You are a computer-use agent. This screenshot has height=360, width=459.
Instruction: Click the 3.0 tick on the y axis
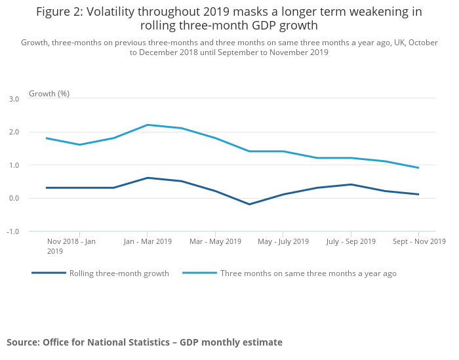click(x=14, y=98)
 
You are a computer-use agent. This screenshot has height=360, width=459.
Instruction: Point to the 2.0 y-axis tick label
click(x=14, y=132)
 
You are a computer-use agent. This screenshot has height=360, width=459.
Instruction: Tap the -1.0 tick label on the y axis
click(x=13, y=231)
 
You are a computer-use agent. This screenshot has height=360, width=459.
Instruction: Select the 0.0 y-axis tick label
click(x=14, y=198)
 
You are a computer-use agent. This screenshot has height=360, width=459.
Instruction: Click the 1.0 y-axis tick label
click(x=14, y=165)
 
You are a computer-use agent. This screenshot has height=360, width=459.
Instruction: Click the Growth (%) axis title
click(x=49, y=94)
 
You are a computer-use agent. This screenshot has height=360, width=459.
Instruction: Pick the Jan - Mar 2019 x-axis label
click(x=147, y=241)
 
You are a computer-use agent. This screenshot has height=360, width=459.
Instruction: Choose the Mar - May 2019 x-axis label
click(x=214, y=241)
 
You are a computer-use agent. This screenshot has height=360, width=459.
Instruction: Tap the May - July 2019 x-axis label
click(x=283, y=241)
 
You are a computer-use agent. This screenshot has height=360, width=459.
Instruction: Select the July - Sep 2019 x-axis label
click(x=351, y=241)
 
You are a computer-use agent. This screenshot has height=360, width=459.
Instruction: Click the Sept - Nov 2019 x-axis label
click(x=419, y=241)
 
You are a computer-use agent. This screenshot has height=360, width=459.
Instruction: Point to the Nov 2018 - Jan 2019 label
click(x=71, y=246)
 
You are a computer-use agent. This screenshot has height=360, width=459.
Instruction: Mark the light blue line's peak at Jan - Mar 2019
click(x=147, y=125)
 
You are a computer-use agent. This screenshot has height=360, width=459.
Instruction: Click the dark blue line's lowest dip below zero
click(x=249, y=204)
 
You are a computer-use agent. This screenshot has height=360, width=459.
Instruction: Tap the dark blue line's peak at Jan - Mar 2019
click(x=147, y=178)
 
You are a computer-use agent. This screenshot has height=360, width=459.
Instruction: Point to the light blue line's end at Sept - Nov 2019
click(x=418, y=168)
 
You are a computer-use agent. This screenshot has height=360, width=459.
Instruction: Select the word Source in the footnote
click(x=23, y=342)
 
